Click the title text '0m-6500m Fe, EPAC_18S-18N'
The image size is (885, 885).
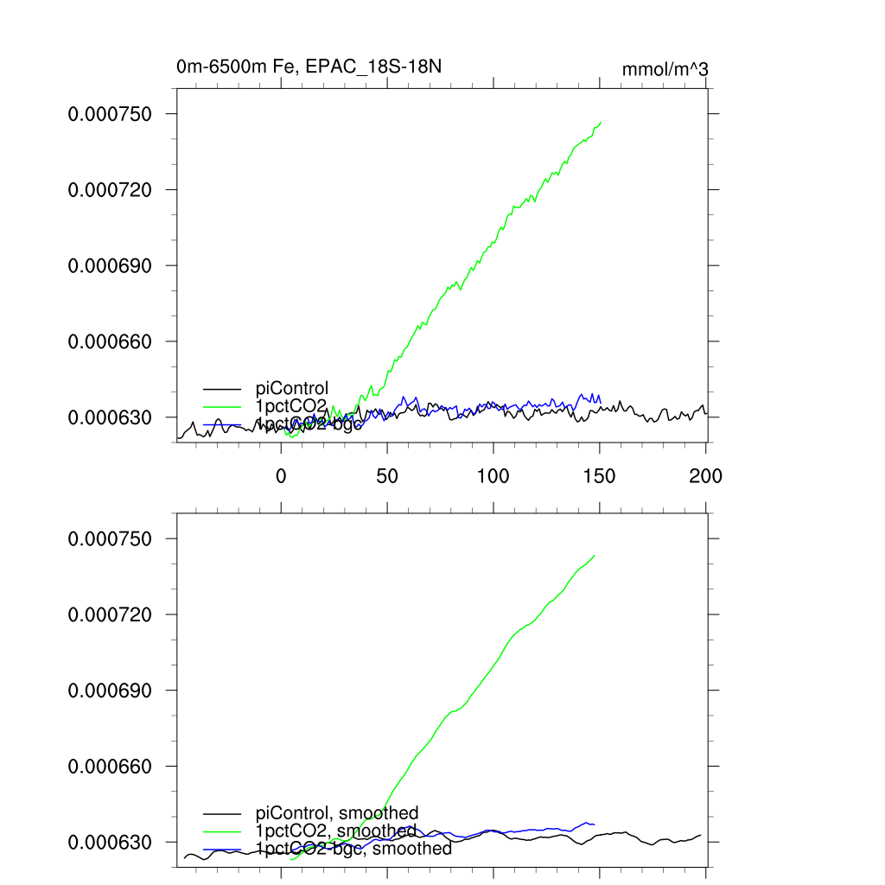point(309,67)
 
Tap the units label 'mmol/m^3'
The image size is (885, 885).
point(665,68)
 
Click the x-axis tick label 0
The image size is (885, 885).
point(281,475)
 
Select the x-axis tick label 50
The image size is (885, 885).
point(387,475)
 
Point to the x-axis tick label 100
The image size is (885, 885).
point(493,475)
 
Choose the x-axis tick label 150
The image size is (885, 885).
point(600,475)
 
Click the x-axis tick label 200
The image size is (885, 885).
point(706,475)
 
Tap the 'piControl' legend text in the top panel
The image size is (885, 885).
point(292,388)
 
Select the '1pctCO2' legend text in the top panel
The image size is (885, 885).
point(291,405)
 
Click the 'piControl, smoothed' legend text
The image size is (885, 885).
point(337,813)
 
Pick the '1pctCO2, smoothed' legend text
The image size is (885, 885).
point(335,831)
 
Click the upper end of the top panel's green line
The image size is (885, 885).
point(601,123)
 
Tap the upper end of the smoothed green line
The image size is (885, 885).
point(595,556)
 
